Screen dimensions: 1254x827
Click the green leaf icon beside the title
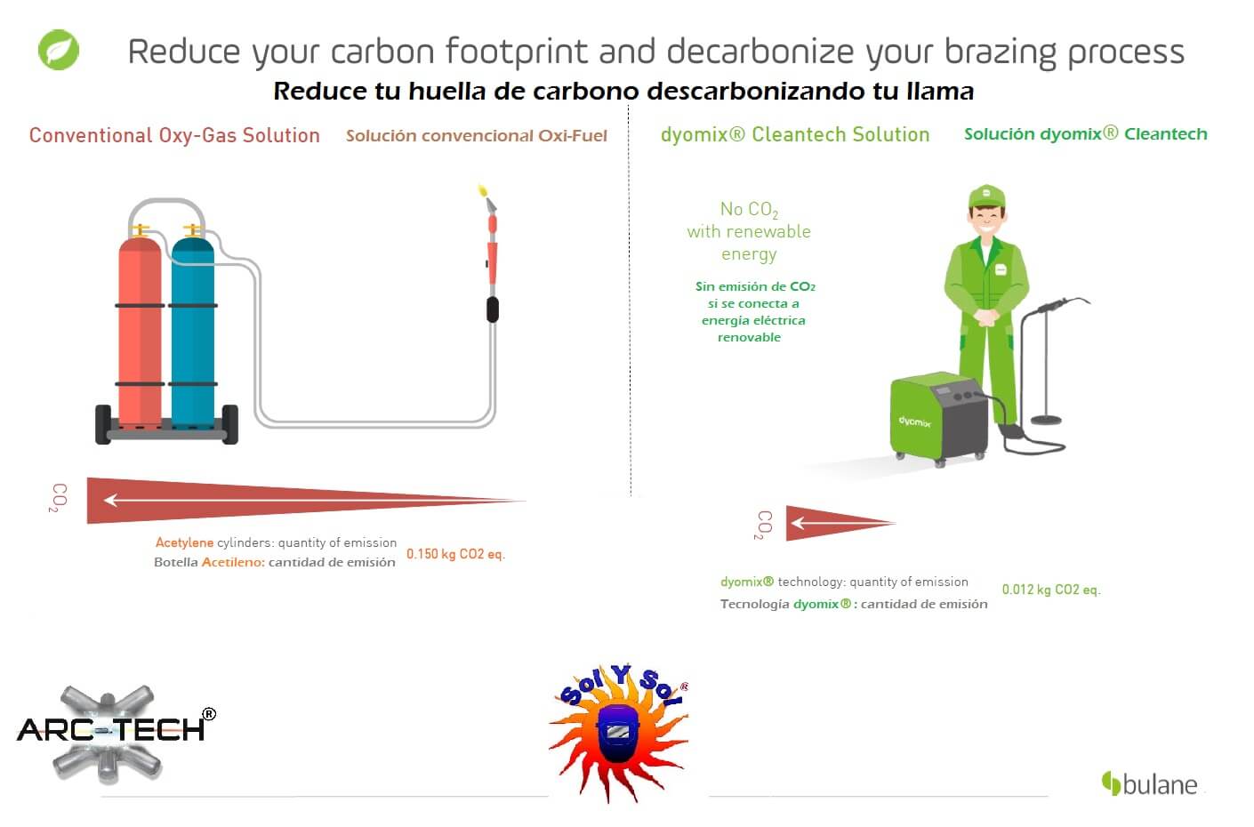tap(59, 50)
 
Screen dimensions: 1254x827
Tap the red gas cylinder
tap(140, 330)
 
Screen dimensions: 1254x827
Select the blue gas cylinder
tap(193, 330)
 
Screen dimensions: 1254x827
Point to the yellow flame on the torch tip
tap(483, 190)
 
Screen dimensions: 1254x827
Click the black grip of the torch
tap(493, 309)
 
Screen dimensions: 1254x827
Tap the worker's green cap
tap(986, 197)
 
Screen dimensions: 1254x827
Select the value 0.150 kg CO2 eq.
tap(455, 554)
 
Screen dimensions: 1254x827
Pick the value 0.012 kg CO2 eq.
tap(1051, 590)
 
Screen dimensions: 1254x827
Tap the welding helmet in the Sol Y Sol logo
tap(618, 734)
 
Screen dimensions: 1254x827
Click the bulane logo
tap(1149, 784)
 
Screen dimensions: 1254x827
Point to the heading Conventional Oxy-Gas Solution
tap(174, 135)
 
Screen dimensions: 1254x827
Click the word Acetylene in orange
tap(184, 542)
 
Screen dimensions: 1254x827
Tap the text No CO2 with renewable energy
tap(749, 231)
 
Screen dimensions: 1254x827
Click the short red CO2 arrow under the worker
tap(840, 524)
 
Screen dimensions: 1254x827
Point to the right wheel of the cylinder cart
tap(230, 424)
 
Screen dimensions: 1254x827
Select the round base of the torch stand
tap(1046, 420)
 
